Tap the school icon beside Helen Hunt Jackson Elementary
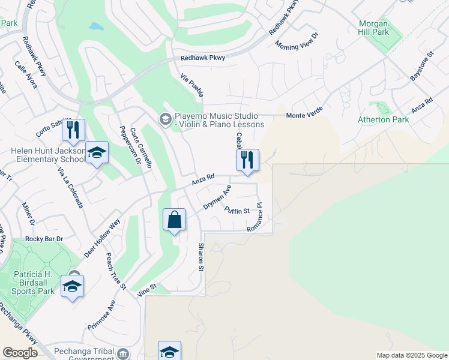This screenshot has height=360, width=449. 96,154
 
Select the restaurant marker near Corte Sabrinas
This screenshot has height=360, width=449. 73,130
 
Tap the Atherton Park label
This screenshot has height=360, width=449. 383,119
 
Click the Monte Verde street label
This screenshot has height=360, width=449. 304,115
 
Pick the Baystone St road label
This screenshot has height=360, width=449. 421,70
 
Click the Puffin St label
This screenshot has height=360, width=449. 237,211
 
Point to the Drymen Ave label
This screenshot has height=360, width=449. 217,197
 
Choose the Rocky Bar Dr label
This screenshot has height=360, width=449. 44,239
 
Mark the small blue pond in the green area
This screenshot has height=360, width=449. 95,26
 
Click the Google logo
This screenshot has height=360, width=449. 20,353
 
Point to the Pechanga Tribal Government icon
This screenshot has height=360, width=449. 123,353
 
